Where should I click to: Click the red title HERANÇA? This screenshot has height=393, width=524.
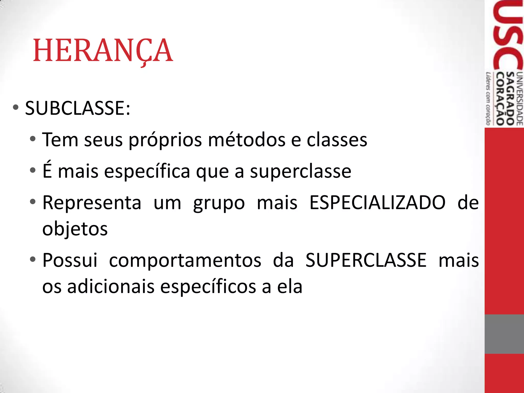click(x=103, y=51)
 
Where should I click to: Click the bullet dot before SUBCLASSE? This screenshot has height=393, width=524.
click(x=16, y=107)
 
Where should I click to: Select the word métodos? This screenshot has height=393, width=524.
click(x=247, y=140)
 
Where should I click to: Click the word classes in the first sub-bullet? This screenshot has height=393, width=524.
click(x=337, y=140)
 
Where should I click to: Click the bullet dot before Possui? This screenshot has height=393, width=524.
click(x=32, y=259)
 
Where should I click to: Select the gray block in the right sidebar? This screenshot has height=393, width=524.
click(x=504, y=334)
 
